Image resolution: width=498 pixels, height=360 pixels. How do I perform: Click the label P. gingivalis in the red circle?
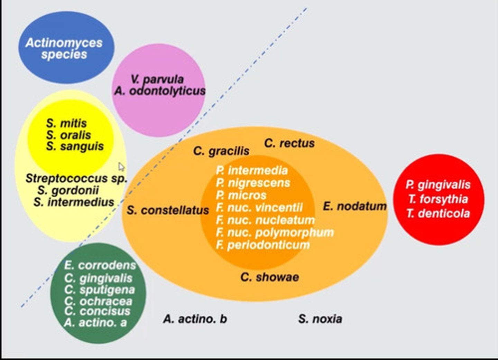(x=438, y=184)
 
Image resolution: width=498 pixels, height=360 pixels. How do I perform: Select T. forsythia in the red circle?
(x=438, y=199)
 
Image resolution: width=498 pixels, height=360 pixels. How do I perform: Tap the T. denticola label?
(x=438, y=213)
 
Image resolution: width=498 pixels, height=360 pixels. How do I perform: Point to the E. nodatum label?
(x=355, y=206)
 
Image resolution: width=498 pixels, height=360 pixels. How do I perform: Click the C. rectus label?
(x=289, y=143)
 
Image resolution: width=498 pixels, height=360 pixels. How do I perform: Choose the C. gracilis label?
(x=221, y=151)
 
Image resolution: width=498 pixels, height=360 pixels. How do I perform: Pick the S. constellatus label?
(x=168, y=210)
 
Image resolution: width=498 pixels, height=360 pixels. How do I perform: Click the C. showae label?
(x=270, y=277)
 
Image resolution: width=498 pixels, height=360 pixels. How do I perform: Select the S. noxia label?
(x=320, y=319)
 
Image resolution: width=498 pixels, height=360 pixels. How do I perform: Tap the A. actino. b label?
(x=195, y=319)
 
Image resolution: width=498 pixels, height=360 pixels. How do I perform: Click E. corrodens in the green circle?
(x=100, y=265)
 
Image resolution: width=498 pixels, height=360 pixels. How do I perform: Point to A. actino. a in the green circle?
(x=95, y=323)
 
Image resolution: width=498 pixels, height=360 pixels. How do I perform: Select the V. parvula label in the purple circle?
(x=157, y=79)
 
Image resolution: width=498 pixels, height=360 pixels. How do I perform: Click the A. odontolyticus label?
(x=160, y=91)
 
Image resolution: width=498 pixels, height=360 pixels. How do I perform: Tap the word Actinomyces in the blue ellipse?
(x=64, y=42)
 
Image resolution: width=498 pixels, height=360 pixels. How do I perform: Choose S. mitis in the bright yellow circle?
(x=66, y=123)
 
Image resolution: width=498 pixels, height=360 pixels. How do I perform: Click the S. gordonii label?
(x=68, y=190)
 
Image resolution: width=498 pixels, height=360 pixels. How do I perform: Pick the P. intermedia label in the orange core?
(x=252, y=170)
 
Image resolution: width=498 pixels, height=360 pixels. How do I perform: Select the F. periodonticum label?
(x=263, y=245)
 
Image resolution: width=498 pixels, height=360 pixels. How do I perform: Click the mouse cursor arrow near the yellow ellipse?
(x=121, y=167)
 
